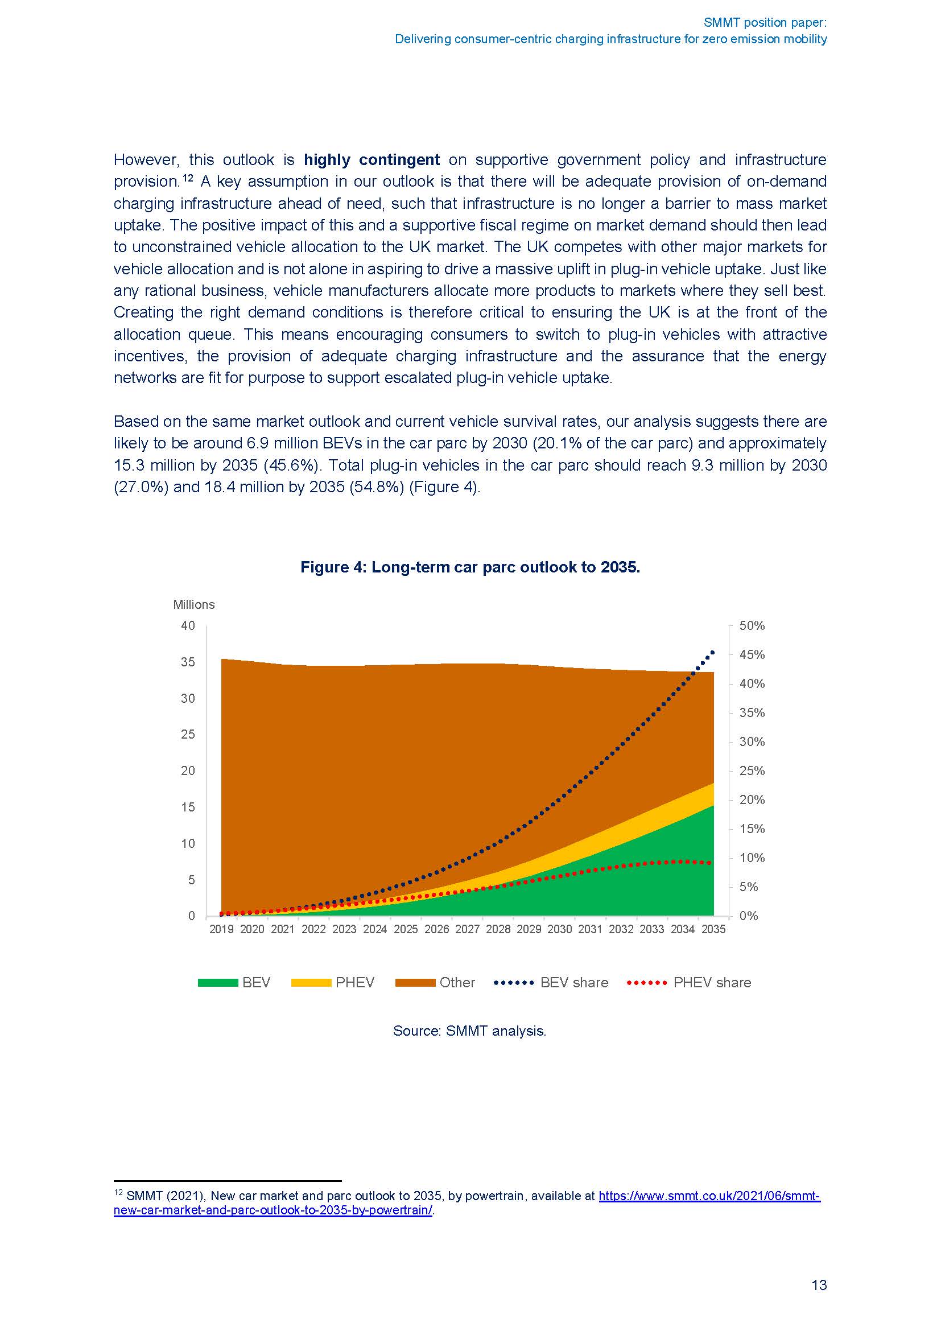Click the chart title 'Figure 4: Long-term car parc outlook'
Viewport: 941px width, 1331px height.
coord(470,567)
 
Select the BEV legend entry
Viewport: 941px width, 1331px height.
coord(234,982)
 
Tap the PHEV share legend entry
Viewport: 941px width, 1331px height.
coord(689,982)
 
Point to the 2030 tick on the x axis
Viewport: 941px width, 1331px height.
coord(560,929)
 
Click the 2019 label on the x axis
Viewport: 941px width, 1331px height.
coord(221,929)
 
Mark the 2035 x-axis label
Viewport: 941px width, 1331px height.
coord(713,929)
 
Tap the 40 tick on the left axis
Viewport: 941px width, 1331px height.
coord(188,625)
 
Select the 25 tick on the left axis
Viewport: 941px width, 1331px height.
coord(188,735)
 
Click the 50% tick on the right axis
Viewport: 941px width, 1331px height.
coord(752,625)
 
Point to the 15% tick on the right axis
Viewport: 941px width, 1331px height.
coord(752,829)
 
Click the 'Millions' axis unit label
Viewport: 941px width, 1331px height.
coord(193,605)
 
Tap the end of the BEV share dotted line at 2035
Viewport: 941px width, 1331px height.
coord(713,652)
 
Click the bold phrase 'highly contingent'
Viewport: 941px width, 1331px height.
coord(372,159)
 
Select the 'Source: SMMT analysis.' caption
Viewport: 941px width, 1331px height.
coord(470,1031)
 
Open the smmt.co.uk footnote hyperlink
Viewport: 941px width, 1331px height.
coord(709,1196)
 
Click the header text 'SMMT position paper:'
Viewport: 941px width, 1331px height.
coord(765,23)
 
